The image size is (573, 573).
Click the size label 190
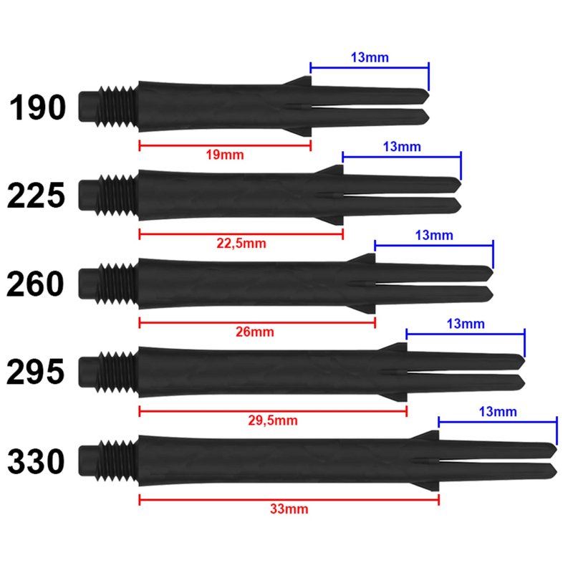pos(37,107)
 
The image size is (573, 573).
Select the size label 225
pos(37,196)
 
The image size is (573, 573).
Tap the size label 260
pos(35,284)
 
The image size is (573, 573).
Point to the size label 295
pos(36,372)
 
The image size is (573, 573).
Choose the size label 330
pos(37,461)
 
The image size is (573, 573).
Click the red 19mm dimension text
pos(225,155)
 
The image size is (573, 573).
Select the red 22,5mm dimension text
pos(241,244)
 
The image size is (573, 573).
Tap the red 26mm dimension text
pos(255,332)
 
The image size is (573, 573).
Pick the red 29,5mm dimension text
pos(273,420)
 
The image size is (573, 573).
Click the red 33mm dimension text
pos(289,509)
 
